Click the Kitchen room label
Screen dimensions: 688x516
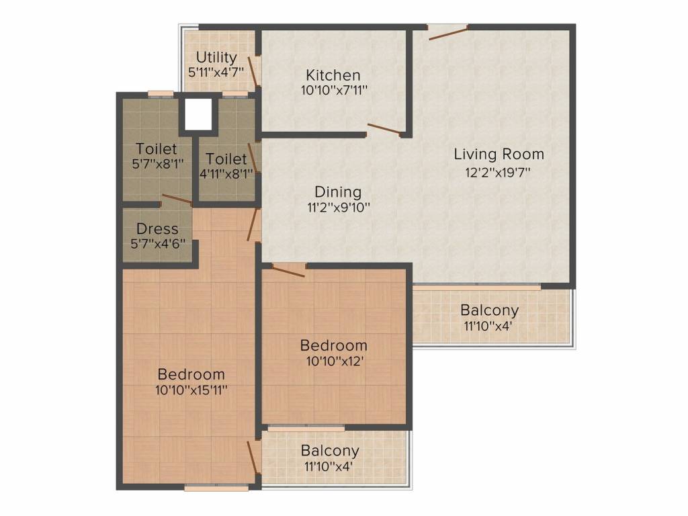(x=333, y=75)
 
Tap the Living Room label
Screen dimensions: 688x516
(x=499, y=155)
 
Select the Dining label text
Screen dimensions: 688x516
(x=338, y=192)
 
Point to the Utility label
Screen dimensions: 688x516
(x=216, y=57)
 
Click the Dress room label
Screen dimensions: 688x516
(x=157, y=228)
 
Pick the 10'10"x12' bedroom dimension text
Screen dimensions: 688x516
(x=335, y=361)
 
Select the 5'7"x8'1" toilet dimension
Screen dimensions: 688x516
(x=157, y=164)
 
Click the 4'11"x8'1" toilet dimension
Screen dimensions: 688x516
(x=226, y=174)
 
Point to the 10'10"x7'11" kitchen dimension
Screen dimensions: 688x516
(x=335, y=91)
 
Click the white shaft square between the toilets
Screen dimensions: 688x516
(x=198, y=114)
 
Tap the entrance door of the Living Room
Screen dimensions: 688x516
(x=448, y=33)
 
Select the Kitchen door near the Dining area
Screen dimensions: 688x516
(x=384, y=130)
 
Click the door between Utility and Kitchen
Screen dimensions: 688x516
(x=253, y=71)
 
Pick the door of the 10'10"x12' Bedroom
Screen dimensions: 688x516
(x=288, y=271)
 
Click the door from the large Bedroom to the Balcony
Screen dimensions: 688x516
(x=253, y=458)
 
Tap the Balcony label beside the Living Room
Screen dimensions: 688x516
(x=490, y=310)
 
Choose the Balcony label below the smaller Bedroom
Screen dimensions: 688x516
(x=330, y=451)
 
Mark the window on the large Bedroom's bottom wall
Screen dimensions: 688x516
(x=217, y=487)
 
